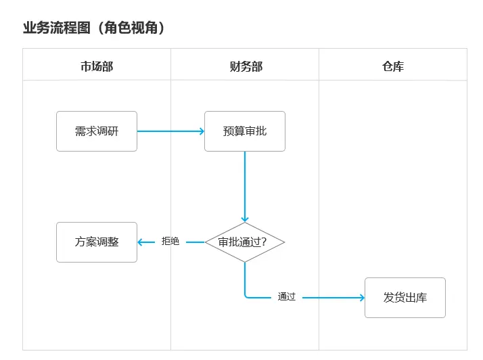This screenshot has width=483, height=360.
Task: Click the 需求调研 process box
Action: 97,131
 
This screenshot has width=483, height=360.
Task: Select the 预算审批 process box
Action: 245,131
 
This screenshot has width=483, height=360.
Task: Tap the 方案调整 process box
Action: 97,242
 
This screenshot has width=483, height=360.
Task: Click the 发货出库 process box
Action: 405,297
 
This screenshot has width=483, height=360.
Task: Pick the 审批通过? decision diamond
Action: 245,242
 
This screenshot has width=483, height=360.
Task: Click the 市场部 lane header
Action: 97,66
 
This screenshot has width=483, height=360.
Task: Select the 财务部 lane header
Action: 245,66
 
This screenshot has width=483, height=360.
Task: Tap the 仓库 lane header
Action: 392,66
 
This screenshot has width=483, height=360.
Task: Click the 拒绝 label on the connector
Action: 170,242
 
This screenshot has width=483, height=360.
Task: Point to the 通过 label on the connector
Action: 287,297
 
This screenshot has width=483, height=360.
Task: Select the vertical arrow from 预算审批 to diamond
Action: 245,186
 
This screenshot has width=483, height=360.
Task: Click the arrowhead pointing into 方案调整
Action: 141,242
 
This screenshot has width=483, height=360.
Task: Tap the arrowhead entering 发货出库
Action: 361,297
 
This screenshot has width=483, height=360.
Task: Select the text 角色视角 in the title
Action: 131,28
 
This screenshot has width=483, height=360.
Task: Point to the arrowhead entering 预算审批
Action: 202,131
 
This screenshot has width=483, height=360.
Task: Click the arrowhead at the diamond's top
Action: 245,219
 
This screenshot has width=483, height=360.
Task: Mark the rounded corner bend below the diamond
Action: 246,295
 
